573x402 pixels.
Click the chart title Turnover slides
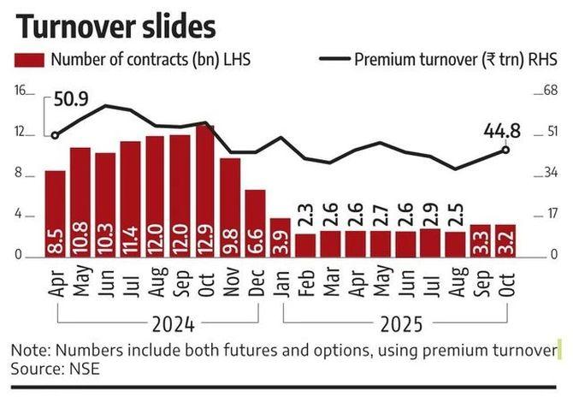tap(115, 27)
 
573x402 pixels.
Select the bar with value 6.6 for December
tap(255, 222)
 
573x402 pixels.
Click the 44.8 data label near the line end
tap(503, 131)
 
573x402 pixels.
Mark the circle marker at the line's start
tap(55, 135)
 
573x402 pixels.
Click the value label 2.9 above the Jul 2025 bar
tap(431, 210)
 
